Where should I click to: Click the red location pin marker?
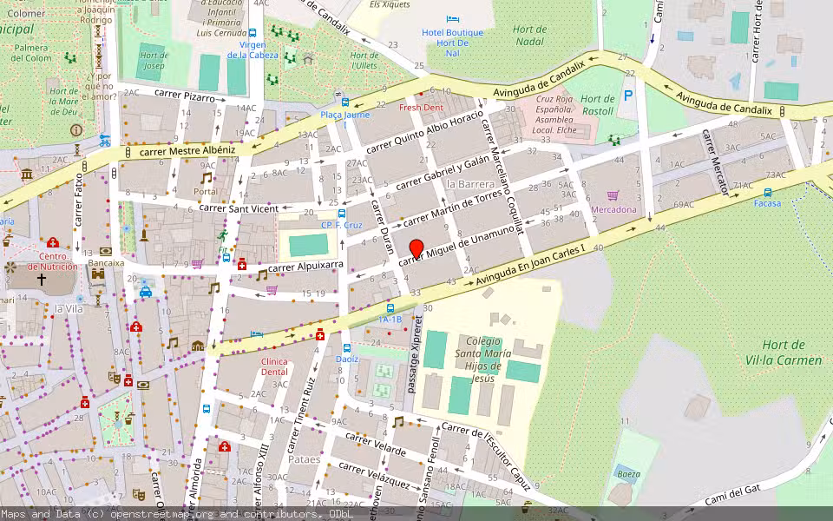(416, 248)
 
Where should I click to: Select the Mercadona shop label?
(613, 209)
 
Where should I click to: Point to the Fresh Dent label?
(421, 108)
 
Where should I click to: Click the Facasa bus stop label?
(767, 203)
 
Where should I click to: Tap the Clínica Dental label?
(274, 366)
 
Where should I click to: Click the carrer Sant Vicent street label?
(239, 208)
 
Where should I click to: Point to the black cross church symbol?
(41, 280)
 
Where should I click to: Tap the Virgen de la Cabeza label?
(252, 49)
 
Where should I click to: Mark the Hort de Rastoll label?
(597, 105)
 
